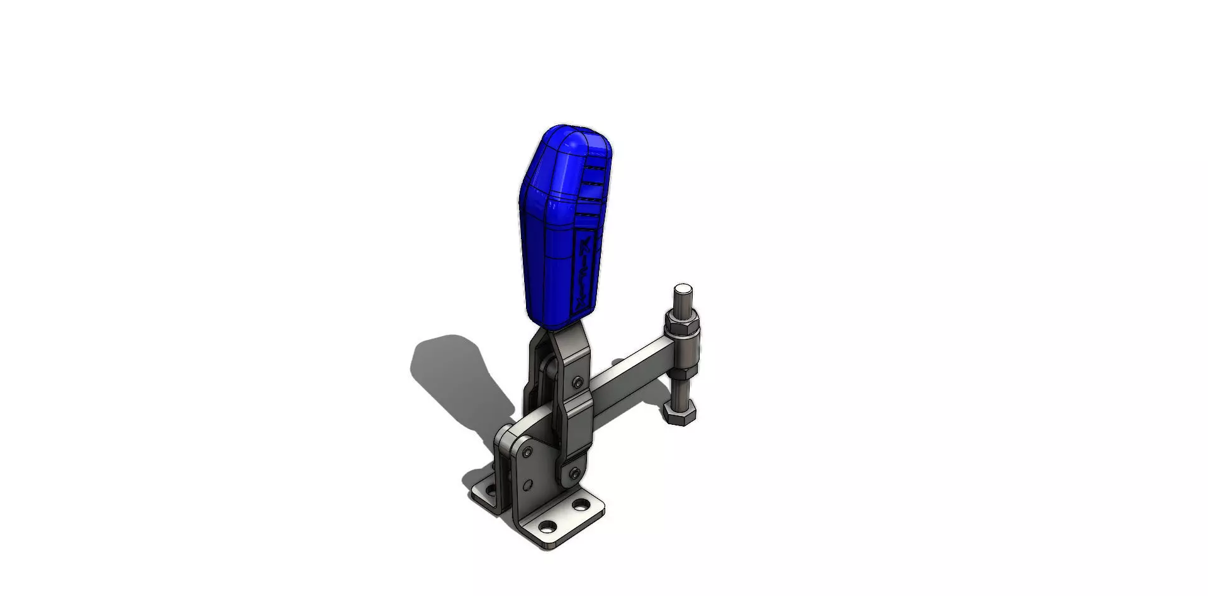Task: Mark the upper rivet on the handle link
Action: coord(577,381)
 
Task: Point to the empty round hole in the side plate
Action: coord(527,485)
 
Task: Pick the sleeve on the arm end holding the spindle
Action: coord(685,348)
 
